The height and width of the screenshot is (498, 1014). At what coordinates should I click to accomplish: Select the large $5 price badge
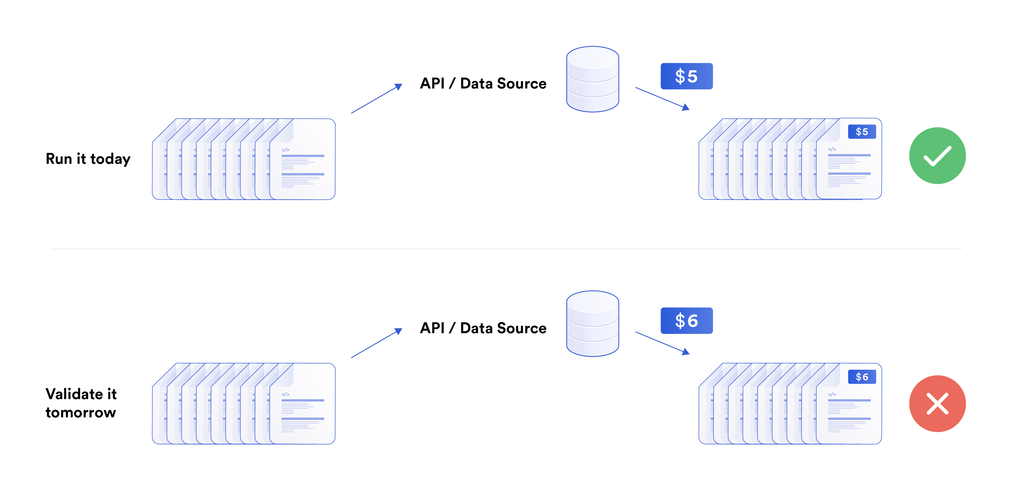686,76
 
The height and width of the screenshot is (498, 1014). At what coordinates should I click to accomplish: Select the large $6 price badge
686,321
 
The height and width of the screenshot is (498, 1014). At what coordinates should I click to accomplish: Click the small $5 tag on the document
861,132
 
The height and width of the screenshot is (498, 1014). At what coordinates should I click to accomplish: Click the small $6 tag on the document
861,377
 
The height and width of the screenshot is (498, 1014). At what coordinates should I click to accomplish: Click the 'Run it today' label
88,159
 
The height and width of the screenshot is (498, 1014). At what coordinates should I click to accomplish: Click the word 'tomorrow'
81,412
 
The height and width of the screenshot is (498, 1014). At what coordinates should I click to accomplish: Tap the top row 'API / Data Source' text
483,83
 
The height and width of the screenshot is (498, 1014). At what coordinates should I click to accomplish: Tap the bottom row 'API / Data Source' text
483,328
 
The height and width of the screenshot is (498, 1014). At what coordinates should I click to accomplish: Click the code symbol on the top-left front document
285,150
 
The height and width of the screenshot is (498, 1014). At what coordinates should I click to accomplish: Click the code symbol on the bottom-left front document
285,394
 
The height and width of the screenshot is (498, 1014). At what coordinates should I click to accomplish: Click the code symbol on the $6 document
832,394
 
